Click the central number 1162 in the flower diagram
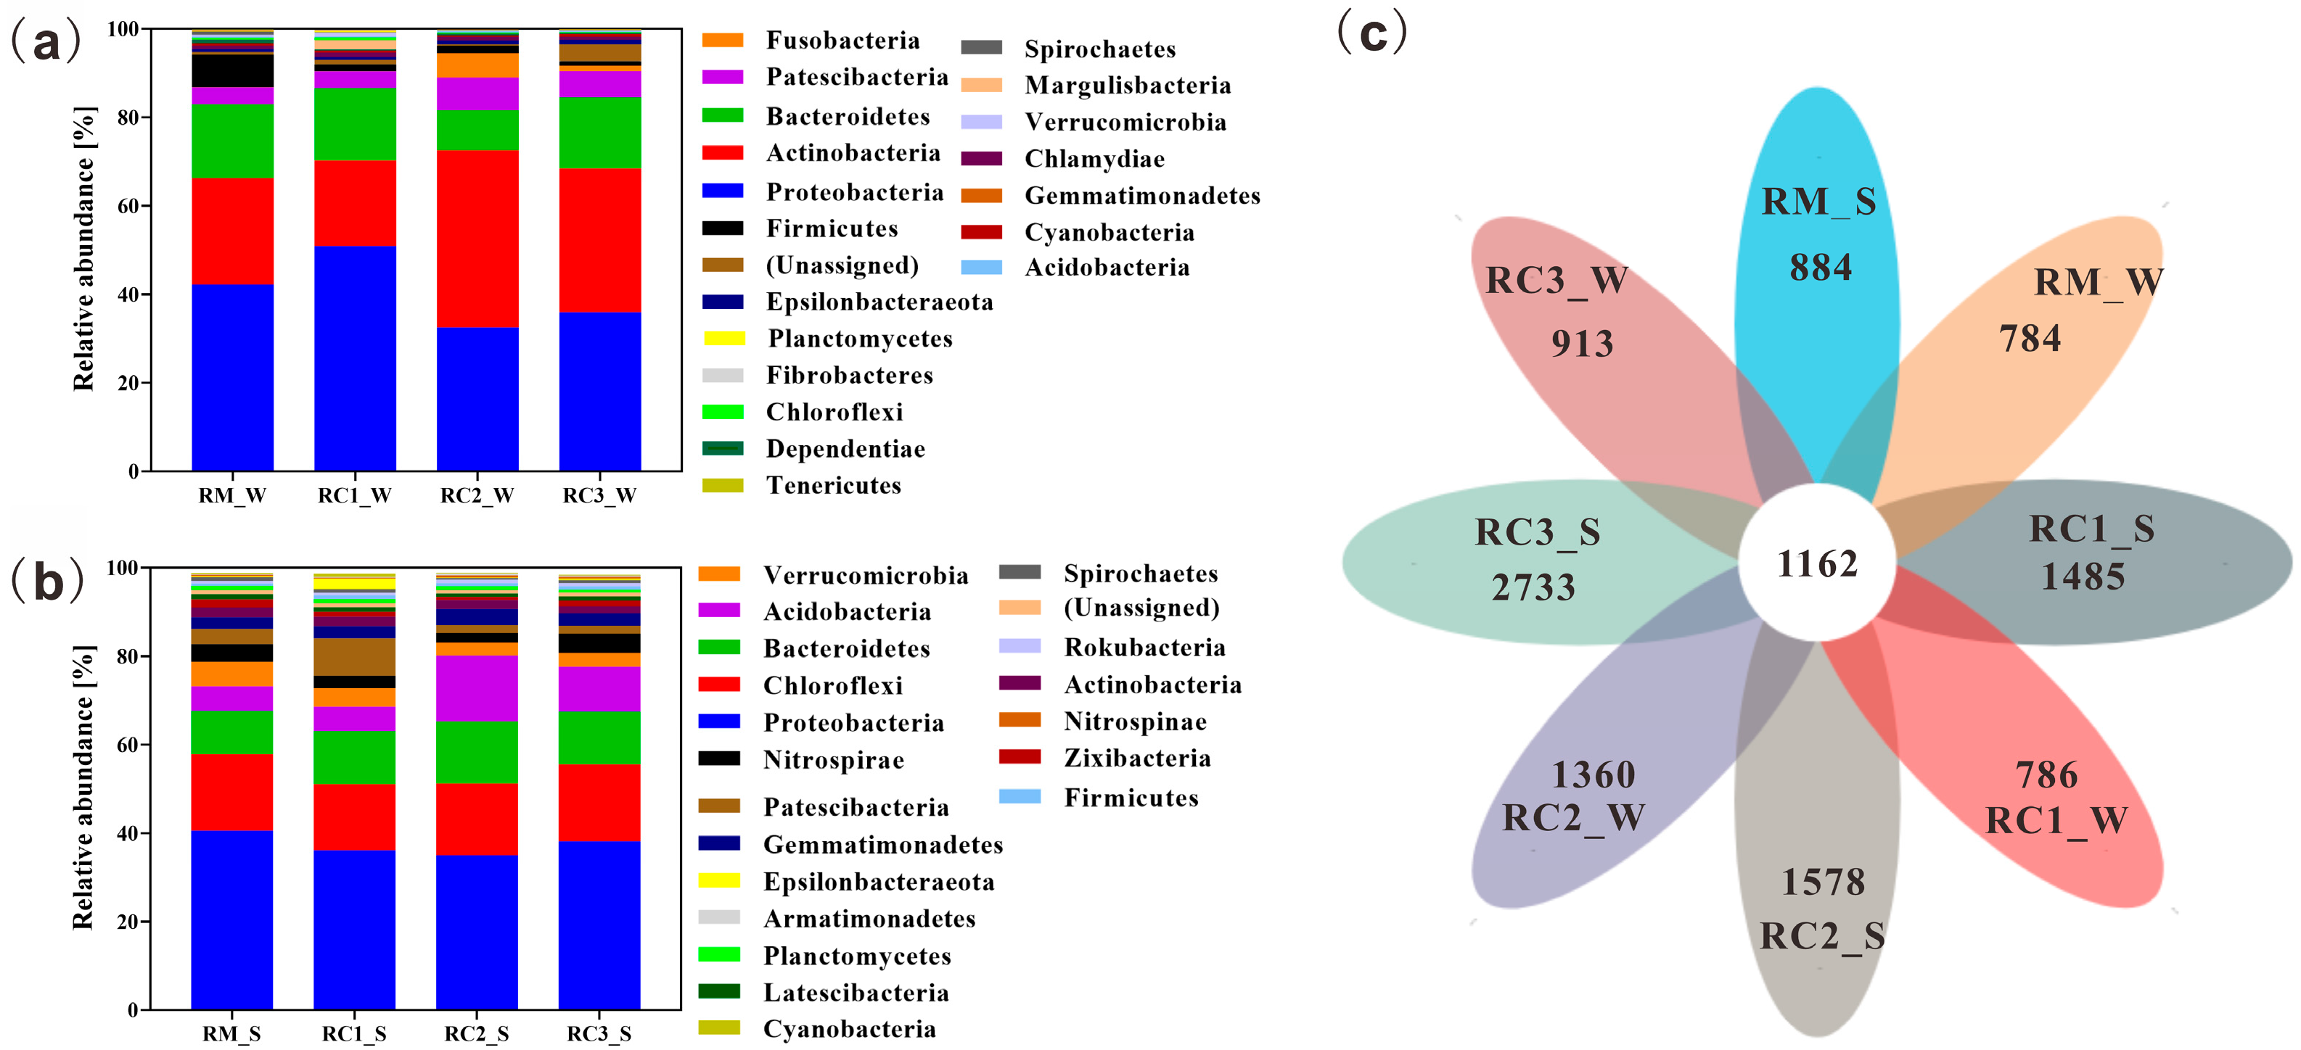(1817, 563)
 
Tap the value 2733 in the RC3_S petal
(1533, 587)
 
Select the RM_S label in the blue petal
(1818, 201)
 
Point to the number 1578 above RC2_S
(1823, 882)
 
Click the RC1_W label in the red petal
(2055, 819)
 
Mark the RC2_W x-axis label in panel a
(477, 495)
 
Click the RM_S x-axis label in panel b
(231, 1033)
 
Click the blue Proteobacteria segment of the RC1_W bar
(355, 357)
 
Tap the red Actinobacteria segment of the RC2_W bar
(477, 239)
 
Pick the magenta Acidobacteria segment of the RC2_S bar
(477, 687)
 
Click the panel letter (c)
(1372, 34)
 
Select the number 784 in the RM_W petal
(2030, 339)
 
